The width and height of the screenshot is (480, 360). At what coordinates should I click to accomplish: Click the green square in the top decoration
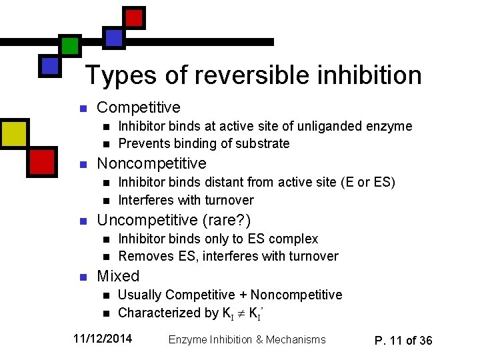tap(70, 45)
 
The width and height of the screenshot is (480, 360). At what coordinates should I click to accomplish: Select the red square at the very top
tap(135, 17)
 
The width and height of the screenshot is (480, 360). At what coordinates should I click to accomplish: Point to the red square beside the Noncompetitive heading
tap(42, 161)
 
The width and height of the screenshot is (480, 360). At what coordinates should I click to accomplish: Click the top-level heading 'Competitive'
tap(138, 107)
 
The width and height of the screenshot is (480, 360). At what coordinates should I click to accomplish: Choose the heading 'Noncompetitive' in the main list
tap(151, 163)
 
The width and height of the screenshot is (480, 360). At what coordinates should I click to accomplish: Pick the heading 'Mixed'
tap(118, 276)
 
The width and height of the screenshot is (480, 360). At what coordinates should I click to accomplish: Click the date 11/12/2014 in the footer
tap(102, 339)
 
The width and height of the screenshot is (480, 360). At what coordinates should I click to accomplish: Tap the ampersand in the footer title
tap(257, 340)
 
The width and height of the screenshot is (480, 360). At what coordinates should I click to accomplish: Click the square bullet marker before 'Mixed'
tap(82, 277)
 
